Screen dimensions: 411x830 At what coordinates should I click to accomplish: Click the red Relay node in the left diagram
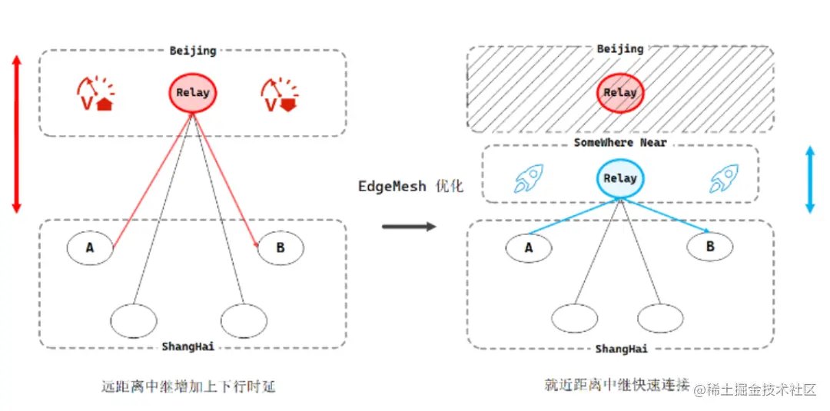(x=193, y=93)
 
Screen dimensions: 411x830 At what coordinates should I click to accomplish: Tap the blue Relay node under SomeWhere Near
(x=620, y=178)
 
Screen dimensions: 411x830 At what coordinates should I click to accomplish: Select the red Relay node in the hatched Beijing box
(x=620, y=93)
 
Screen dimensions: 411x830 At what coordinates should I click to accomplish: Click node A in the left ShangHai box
(x=90, y=247)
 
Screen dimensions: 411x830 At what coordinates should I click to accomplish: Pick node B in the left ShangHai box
(x=280, y=247)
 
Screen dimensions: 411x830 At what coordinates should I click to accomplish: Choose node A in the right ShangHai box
(x=529, y=247)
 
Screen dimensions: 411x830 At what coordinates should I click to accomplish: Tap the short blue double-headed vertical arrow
(x=809, y=179)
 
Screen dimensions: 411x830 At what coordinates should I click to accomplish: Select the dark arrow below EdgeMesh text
(x=409, y=226)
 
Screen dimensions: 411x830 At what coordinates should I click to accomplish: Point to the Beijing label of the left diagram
(x=193, y=51)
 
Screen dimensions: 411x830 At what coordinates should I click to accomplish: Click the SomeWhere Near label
(x=620, y=143)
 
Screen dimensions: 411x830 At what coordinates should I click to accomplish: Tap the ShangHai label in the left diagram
(x=188, y=346)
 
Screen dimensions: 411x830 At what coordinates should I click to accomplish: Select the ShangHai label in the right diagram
(x=621, y=349)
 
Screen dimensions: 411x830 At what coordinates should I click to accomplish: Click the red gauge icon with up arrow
(x=96, y=94)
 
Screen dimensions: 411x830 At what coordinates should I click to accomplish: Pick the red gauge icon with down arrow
(x=280, y=94)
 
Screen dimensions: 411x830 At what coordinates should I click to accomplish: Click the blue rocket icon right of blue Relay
(x=723, y=178)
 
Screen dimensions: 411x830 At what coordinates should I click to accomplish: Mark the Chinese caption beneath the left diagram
(x=188, y=386)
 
